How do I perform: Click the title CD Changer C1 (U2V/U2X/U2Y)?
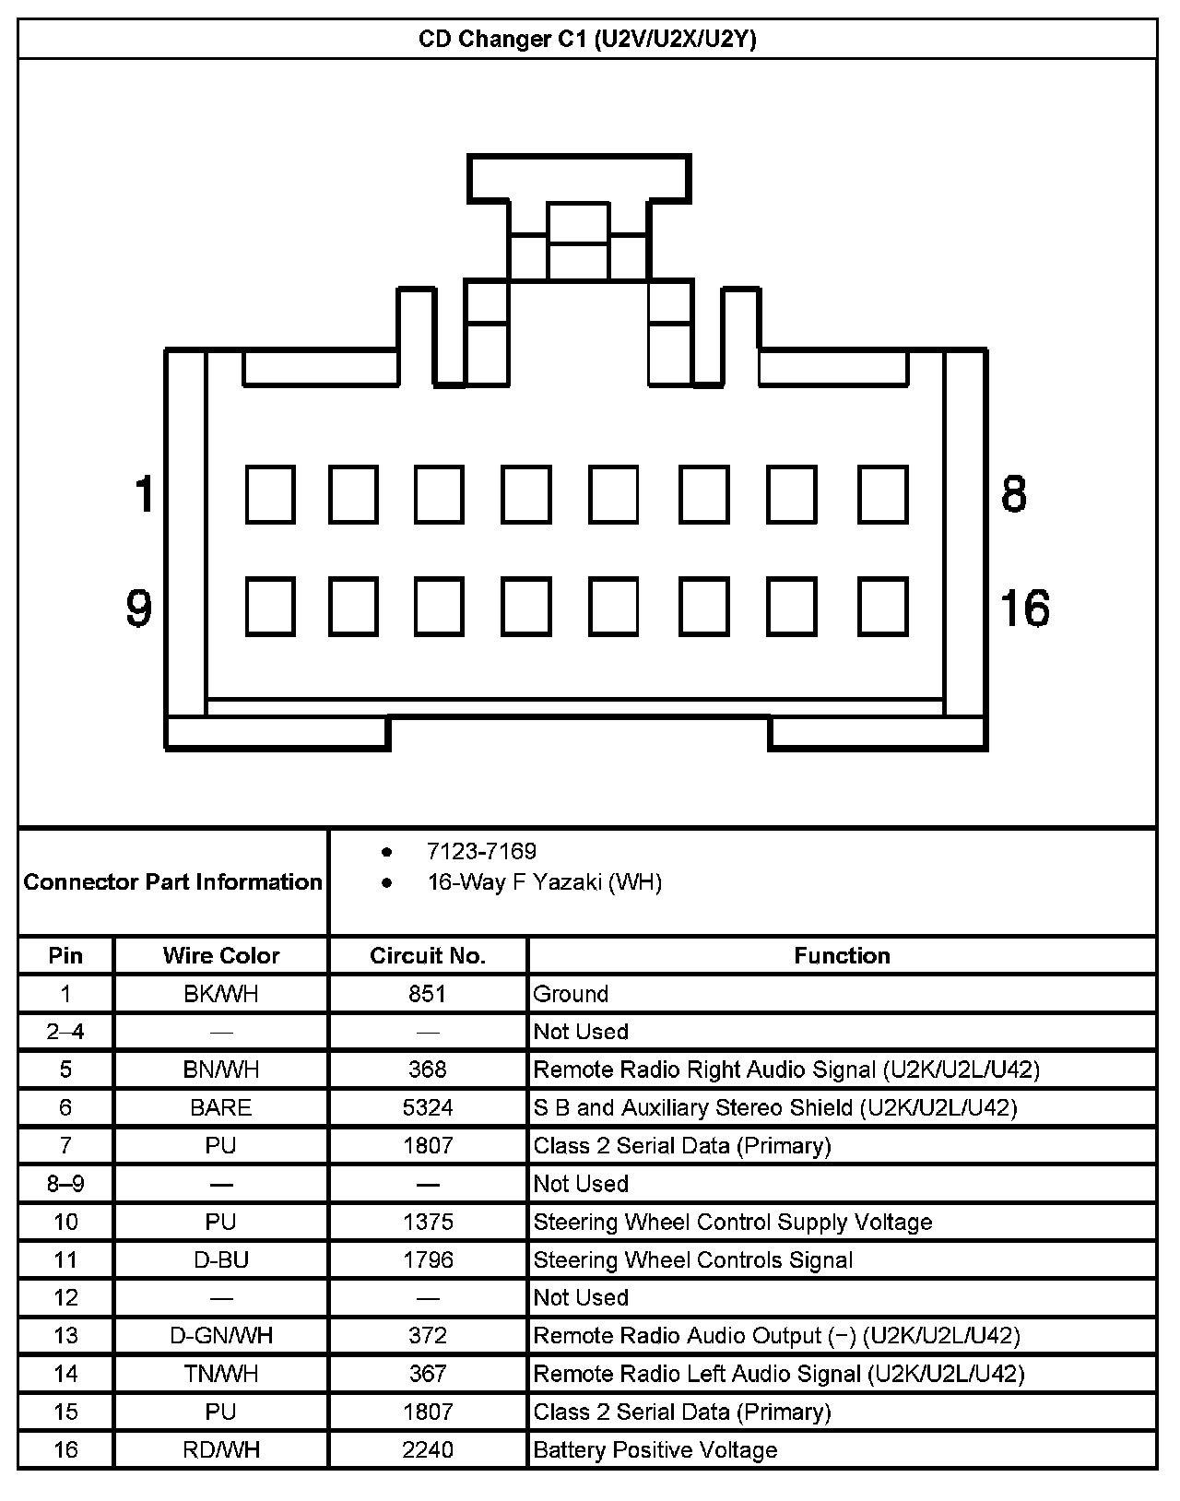587,40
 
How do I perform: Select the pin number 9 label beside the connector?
138,609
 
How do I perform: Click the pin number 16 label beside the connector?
1024,609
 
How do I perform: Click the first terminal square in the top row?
270,495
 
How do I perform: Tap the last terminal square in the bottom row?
883,607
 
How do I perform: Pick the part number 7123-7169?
481,851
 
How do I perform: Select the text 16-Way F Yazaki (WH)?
544,882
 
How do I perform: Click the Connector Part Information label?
173,882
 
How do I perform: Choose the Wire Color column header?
221,956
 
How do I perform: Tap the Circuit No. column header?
428,956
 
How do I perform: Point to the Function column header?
842,956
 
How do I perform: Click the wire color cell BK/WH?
221,994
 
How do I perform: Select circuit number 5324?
428,1107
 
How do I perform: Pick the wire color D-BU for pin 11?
221,1259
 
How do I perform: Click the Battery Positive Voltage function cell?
655,1449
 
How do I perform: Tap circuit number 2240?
428,1449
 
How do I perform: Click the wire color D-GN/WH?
221,1335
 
